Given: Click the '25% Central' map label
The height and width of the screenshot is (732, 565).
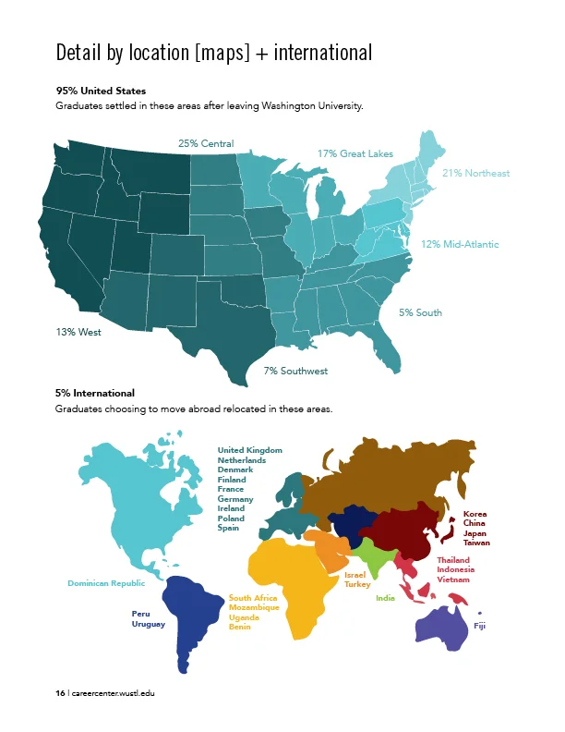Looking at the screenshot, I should coord(206,144).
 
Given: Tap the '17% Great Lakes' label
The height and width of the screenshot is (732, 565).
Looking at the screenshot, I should coord(355,153).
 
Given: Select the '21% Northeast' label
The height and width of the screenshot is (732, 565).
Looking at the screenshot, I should coord(475,173).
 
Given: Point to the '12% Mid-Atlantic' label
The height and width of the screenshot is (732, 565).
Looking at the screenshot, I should coord(460,245).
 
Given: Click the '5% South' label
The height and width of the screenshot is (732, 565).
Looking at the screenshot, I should coord(420,312).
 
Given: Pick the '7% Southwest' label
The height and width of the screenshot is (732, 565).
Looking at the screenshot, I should coord(295,371).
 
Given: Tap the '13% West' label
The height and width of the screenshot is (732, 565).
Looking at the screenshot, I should coord(78,332).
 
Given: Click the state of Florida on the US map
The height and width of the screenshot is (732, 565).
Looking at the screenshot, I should coord(389,351).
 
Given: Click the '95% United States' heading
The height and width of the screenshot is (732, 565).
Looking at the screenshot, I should coord(101,91).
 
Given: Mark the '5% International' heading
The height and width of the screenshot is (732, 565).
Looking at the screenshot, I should coord(95,393).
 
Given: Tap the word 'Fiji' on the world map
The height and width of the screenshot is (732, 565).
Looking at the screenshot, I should coord(479,626).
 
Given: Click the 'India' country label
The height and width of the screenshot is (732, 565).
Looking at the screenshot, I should coord(385,598).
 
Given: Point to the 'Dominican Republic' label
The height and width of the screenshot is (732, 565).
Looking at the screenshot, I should coord(106,583).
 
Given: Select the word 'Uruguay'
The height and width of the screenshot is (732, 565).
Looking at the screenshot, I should coord(149,624).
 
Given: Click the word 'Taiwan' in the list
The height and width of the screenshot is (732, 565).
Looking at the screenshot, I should coord(476,543).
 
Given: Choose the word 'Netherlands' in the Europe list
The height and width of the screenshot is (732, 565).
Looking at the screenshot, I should coord(242,459).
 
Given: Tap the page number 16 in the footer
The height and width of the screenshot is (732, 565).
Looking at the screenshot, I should coord(60,693).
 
